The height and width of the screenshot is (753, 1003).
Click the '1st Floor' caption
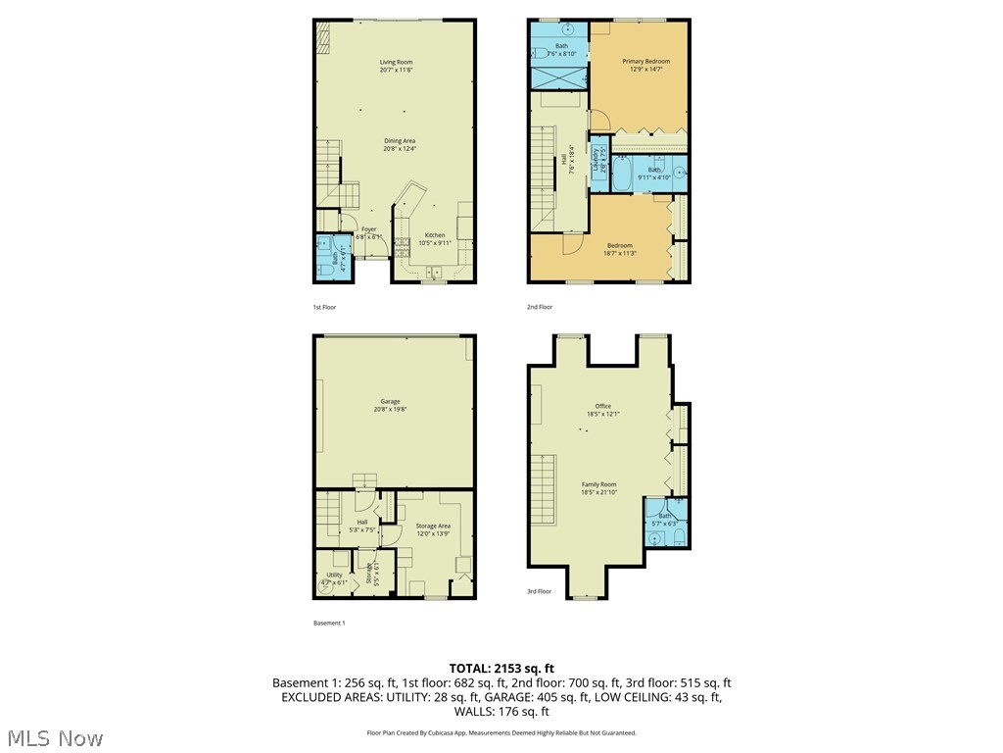[x=324, y=307]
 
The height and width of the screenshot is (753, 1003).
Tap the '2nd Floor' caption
[x=540, y=307]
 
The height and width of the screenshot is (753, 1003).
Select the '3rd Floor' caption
[x=539, y=591]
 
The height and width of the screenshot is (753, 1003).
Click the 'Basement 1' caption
[x=329, y=623]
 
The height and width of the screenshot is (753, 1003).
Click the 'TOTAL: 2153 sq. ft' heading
[x=501, y=669]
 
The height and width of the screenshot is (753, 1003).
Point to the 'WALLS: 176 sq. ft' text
[x=501, y=711]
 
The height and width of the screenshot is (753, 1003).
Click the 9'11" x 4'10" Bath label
[x=653, y=174]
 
